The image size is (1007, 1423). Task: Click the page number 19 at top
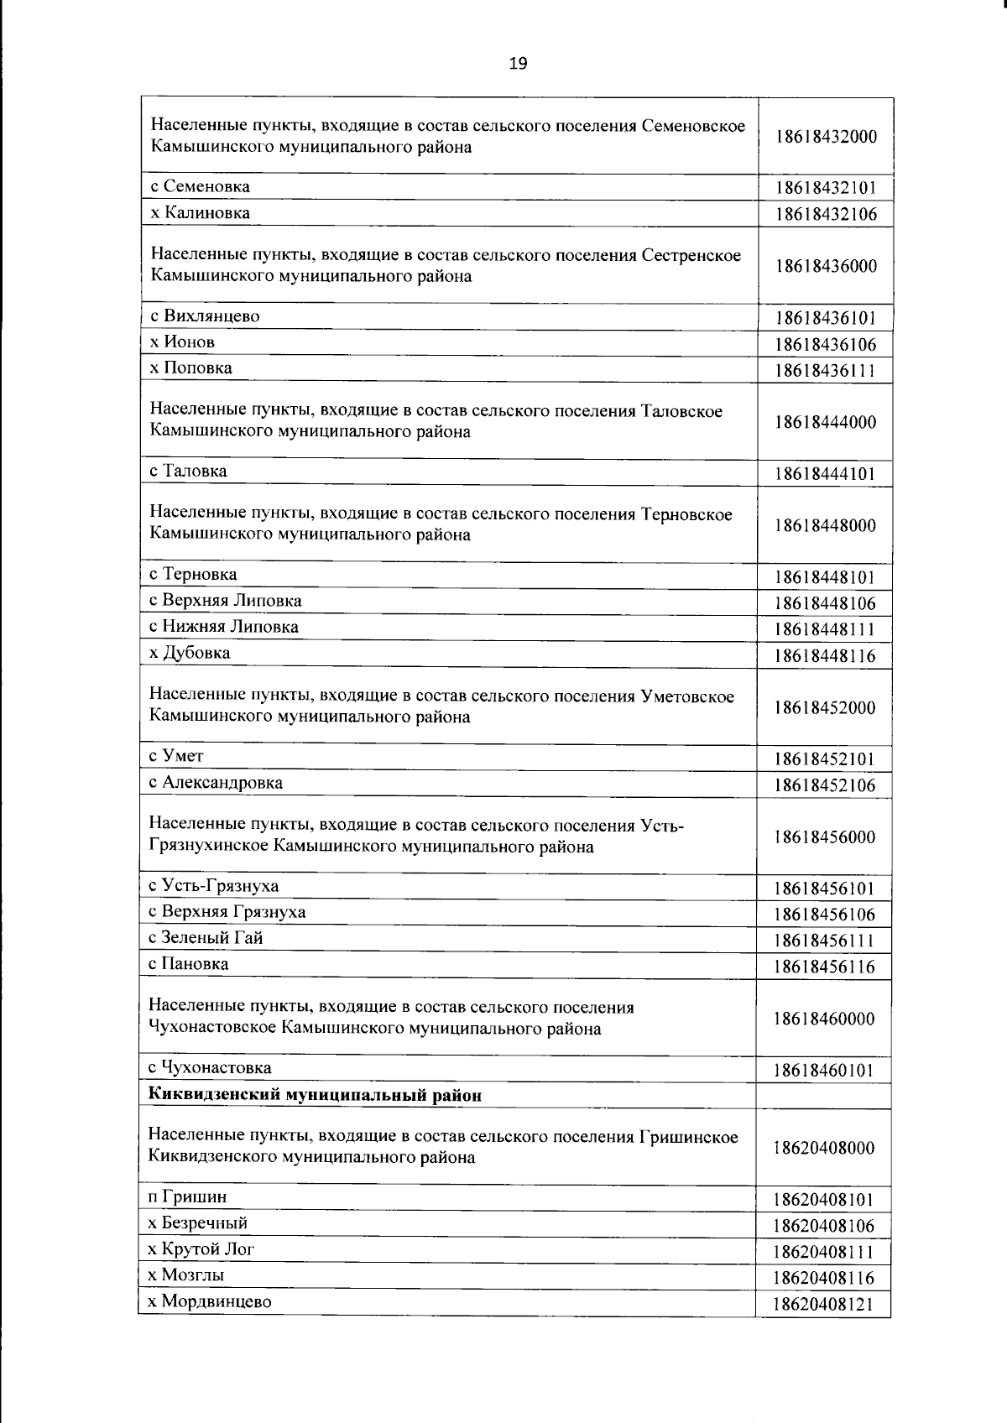click(x=518, y=63)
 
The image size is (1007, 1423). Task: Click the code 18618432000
click(x=826, y=137)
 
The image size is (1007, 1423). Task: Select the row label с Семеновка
click(x=200, y=186)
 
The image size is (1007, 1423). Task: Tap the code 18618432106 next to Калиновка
click(x=826, y=214)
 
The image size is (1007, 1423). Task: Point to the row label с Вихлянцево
click(x=205, y=316)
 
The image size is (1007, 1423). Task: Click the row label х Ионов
click(x=182, y=342)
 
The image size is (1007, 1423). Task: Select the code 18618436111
click(x=826, y=370)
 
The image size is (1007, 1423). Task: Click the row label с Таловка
click(x=188, y=471)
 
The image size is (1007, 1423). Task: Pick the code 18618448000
click(x=826, y=526)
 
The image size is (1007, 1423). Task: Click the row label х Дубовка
click(x=190, y=653)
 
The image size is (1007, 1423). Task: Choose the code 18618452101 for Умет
click(x=826, y=759)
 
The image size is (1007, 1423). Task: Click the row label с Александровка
click(x=216, y=783)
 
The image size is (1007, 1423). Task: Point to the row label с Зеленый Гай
click(x=206, y=938)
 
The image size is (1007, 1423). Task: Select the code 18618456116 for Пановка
click(x=826, y=967)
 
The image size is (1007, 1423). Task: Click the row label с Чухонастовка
click(x=210, y=1068)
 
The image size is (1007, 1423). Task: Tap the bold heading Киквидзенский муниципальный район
click(x=315, y=1095)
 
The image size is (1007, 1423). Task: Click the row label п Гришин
click(x=187, y=1197)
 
